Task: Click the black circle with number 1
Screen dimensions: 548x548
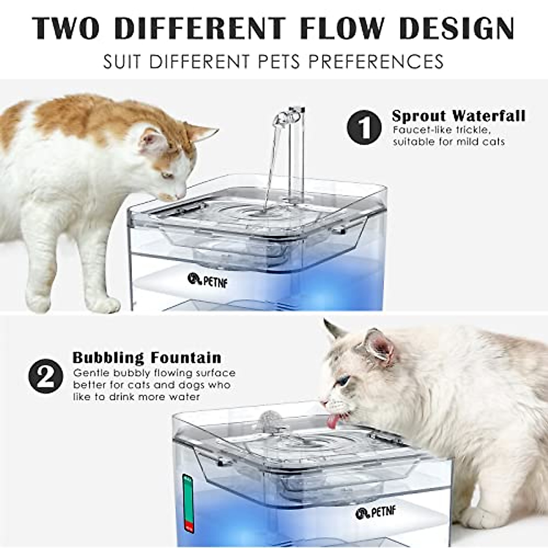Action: coord(364,127)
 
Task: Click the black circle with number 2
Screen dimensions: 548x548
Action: coord(46,375)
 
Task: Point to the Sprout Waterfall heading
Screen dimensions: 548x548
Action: coord(458,116)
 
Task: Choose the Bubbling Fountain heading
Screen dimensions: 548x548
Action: coord(147,357)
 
